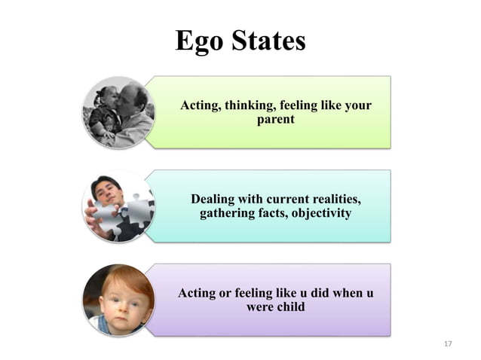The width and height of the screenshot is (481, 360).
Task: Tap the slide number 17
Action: pos(448,344)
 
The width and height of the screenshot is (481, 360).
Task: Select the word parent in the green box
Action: pos(276,120)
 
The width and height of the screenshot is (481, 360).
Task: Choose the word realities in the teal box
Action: pos(332,200)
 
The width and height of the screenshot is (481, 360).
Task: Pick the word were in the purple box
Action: pos(259,307)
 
